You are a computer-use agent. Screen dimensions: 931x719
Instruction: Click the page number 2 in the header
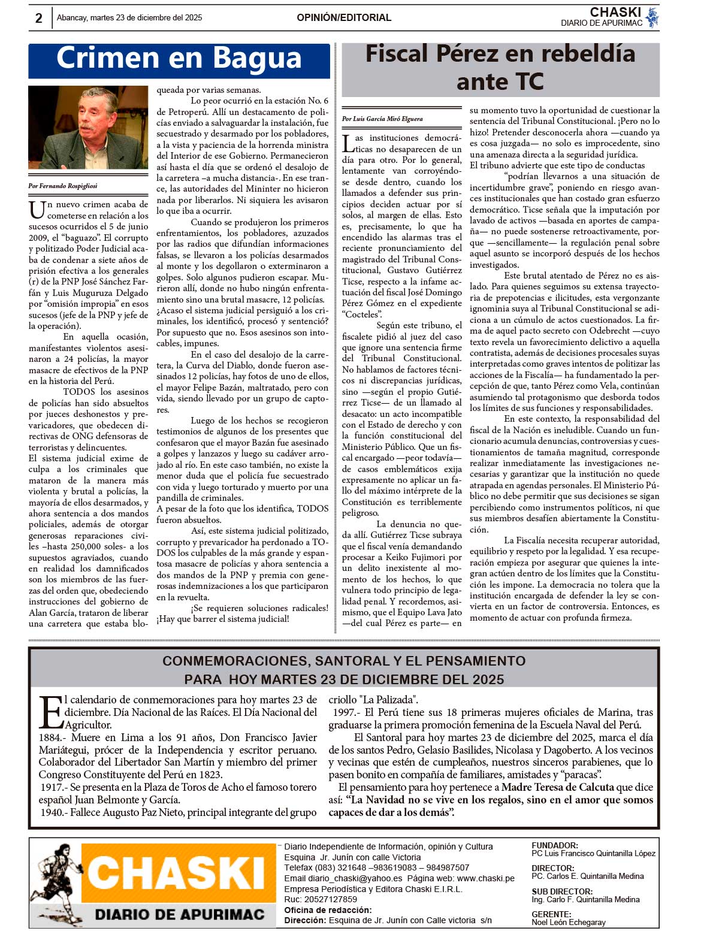[x=39, y=18]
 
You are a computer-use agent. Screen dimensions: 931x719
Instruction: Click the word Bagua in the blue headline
[x=257, y=59]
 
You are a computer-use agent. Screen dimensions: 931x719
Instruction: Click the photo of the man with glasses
[x=88, y=127]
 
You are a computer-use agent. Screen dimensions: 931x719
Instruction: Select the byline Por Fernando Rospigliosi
[x=62, y=186]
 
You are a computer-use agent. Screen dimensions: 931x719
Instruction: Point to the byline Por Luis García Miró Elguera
[x=382, y=119]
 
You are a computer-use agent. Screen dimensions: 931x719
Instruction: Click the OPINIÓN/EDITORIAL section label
[x=344, y=18]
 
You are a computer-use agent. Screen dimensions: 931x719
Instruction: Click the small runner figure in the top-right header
[x=652, y=18]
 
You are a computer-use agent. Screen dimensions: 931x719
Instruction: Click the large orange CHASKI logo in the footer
[x=178, y=873]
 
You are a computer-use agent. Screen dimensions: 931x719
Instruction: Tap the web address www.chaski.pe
[x=486, y=878]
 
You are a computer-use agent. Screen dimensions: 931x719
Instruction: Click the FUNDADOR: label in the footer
[x=555, y=845]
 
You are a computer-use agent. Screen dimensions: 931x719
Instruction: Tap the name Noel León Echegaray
[x=569, y=922]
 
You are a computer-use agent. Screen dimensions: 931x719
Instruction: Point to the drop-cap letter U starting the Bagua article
[x=37, y=210]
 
